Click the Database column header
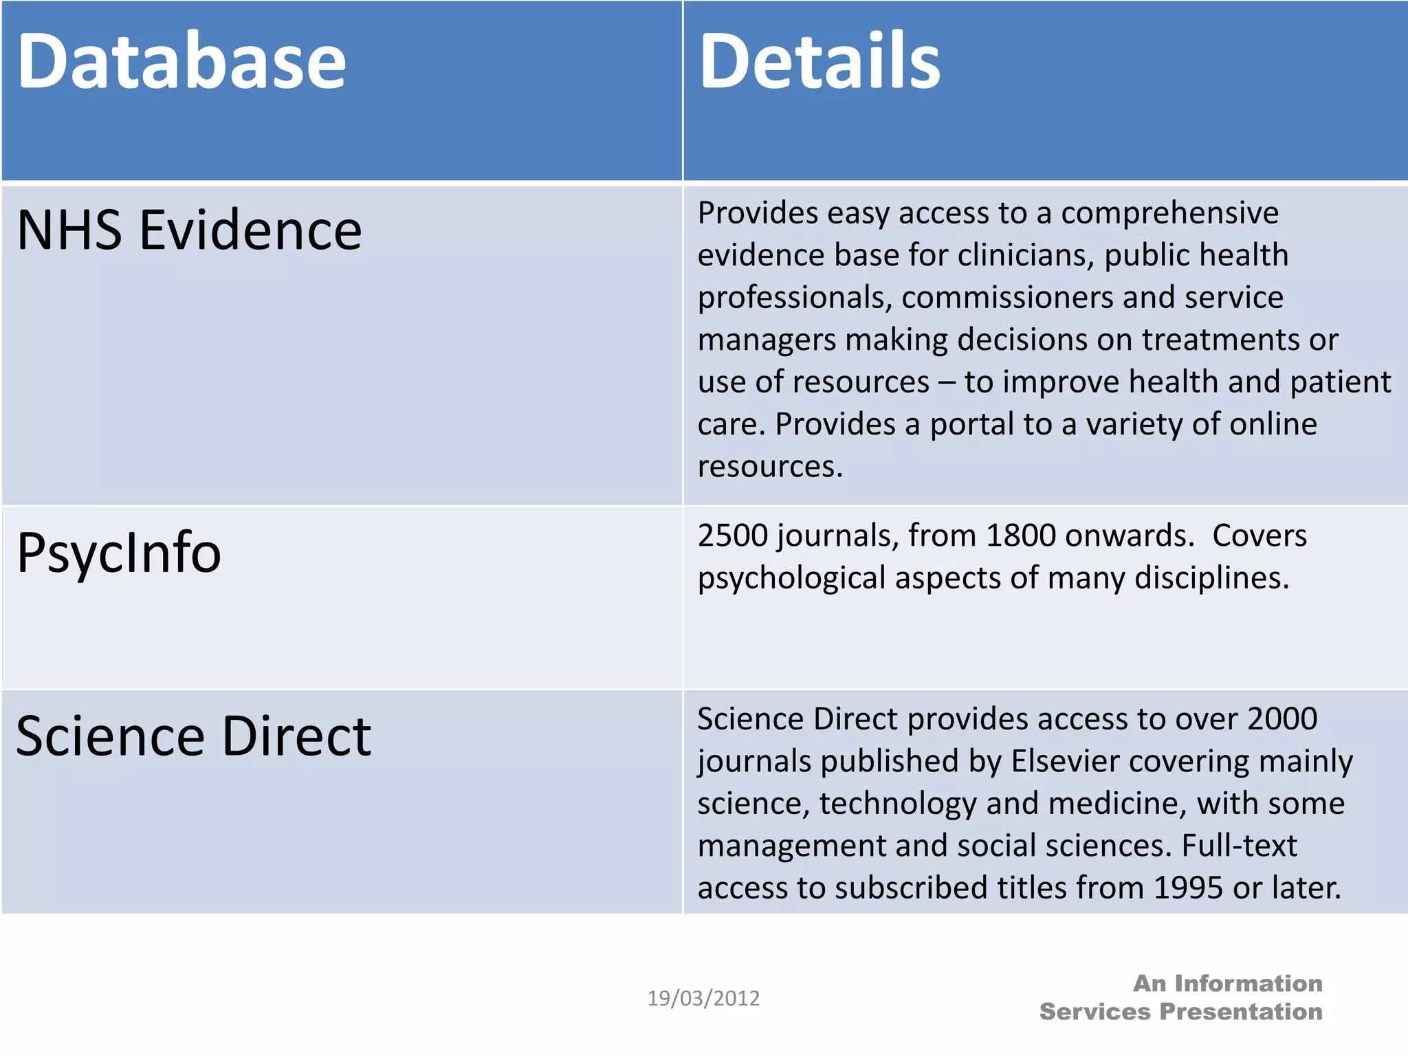coord(181,62)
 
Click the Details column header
coord(819,62)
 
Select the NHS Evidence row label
coord(189,230)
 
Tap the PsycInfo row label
coord(119,553)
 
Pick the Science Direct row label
coord(193,736)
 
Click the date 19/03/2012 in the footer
coord(703,998)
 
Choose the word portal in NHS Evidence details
coord(972,425)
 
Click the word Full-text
coord(1239,846)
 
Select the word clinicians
coord(1025,256)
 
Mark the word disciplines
coord(1211,578)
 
